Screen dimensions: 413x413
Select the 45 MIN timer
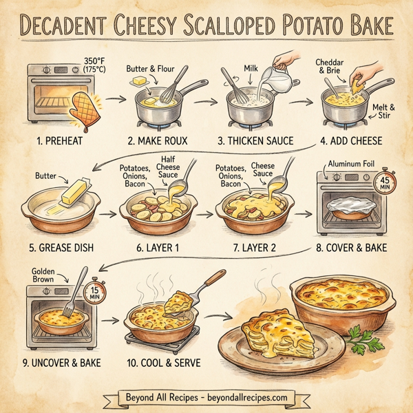(x=381, y=182)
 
